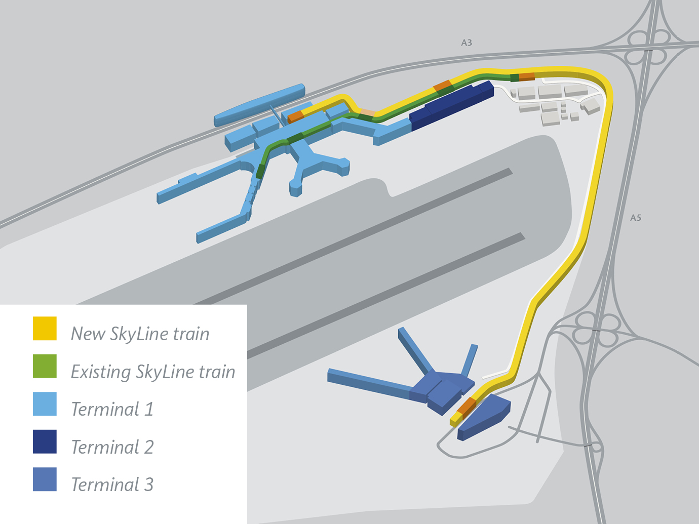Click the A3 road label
point(467,43)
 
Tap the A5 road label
point(636,218)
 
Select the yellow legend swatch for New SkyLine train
point(45,328)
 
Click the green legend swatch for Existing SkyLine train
point(45,366)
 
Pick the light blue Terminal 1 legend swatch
point(45,404)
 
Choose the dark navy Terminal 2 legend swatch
point(45,441)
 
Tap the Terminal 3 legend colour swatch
point(45,479)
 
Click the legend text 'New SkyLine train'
point(140,334)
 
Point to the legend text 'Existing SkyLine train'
point(153,372)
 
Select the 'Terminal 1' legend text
point(112,409)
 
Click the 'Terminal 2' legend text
point(112,447)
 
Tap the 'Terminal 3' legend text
point(112,485)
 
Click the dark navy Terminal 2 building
point(451,105)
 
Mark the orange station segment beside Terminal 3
point(467,406)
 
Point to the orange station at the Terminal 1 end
point(295,116)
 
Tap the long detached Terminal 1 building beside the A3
point(259,105)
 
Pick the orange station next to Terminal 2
point(443,86)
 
